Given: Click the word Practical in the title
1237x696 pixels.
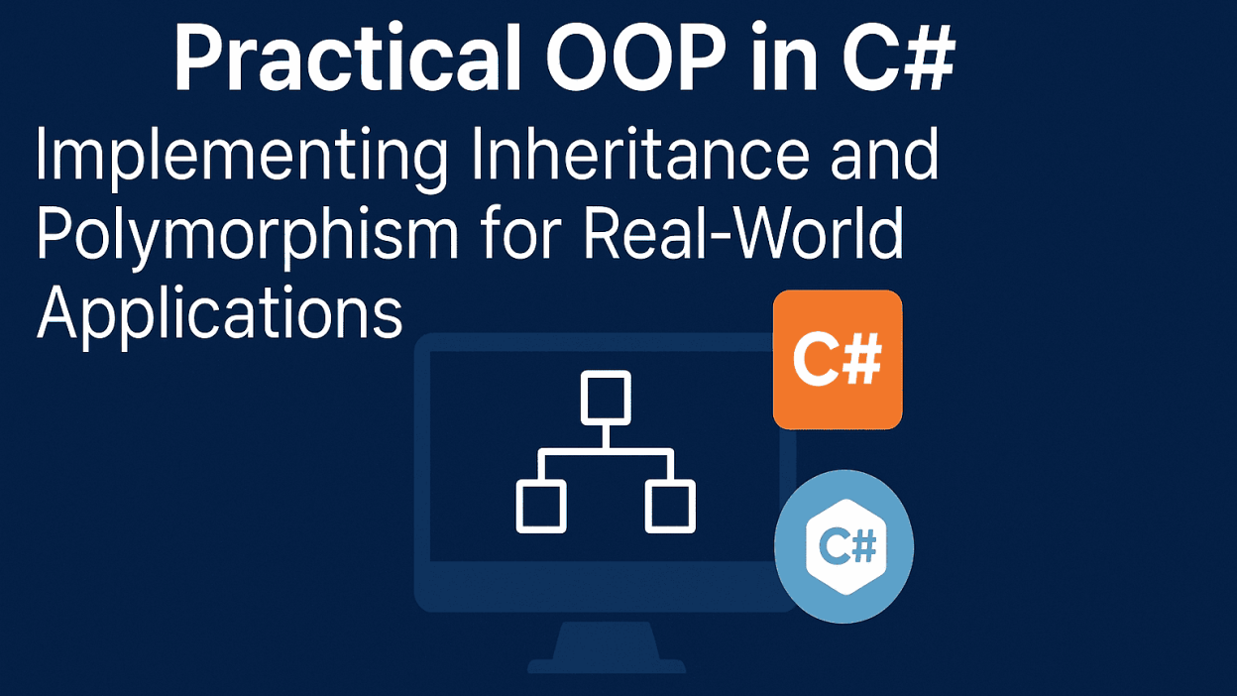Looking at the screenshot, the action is [348, 57].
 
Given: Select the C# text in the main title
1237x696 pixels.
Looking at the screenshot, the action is [899, 57].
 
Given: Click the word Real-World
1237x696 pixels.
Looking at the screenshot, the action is [743, 232].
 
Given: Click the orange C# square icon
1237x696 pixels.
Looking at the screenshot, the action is [838, 360].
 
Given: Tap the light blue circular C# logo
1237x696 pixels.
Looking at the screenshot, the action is [843, 547].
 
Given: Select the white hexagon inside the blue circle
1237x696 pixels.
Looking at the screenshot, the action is [846, 547].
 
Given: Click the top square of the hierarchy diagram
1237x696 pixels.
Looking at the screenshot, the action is [606, 398].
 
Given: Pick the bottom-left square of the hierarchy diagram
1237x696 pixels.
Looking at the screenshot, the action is [541, 507].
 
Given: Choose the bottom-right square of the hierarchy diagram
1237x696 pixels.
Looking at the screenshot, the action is [670, 507].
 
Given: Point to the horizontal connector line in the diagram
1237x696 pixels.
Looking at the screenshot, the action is [606, 452].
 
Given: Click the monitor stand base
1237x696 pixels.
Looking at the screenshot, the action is [607, 665].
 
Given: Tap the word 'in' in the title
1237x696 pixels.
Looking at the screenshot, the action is [784, 57].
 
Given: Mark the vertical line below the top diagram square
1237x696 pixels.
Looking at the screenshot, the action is [606, 437].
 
